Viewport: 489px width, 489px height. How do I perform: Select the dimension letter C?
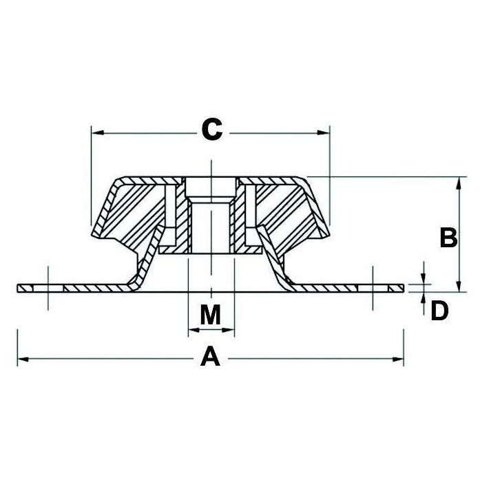click(x=211, y=129)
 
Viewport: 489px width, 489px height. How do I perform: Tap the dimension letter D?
click(x=439, y=311)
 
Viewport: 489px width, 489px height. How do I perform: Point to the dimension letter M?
click(x=211, y=315)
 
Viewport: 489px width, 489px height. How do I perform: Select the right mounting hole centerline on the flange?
click(x=372, y=287)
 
